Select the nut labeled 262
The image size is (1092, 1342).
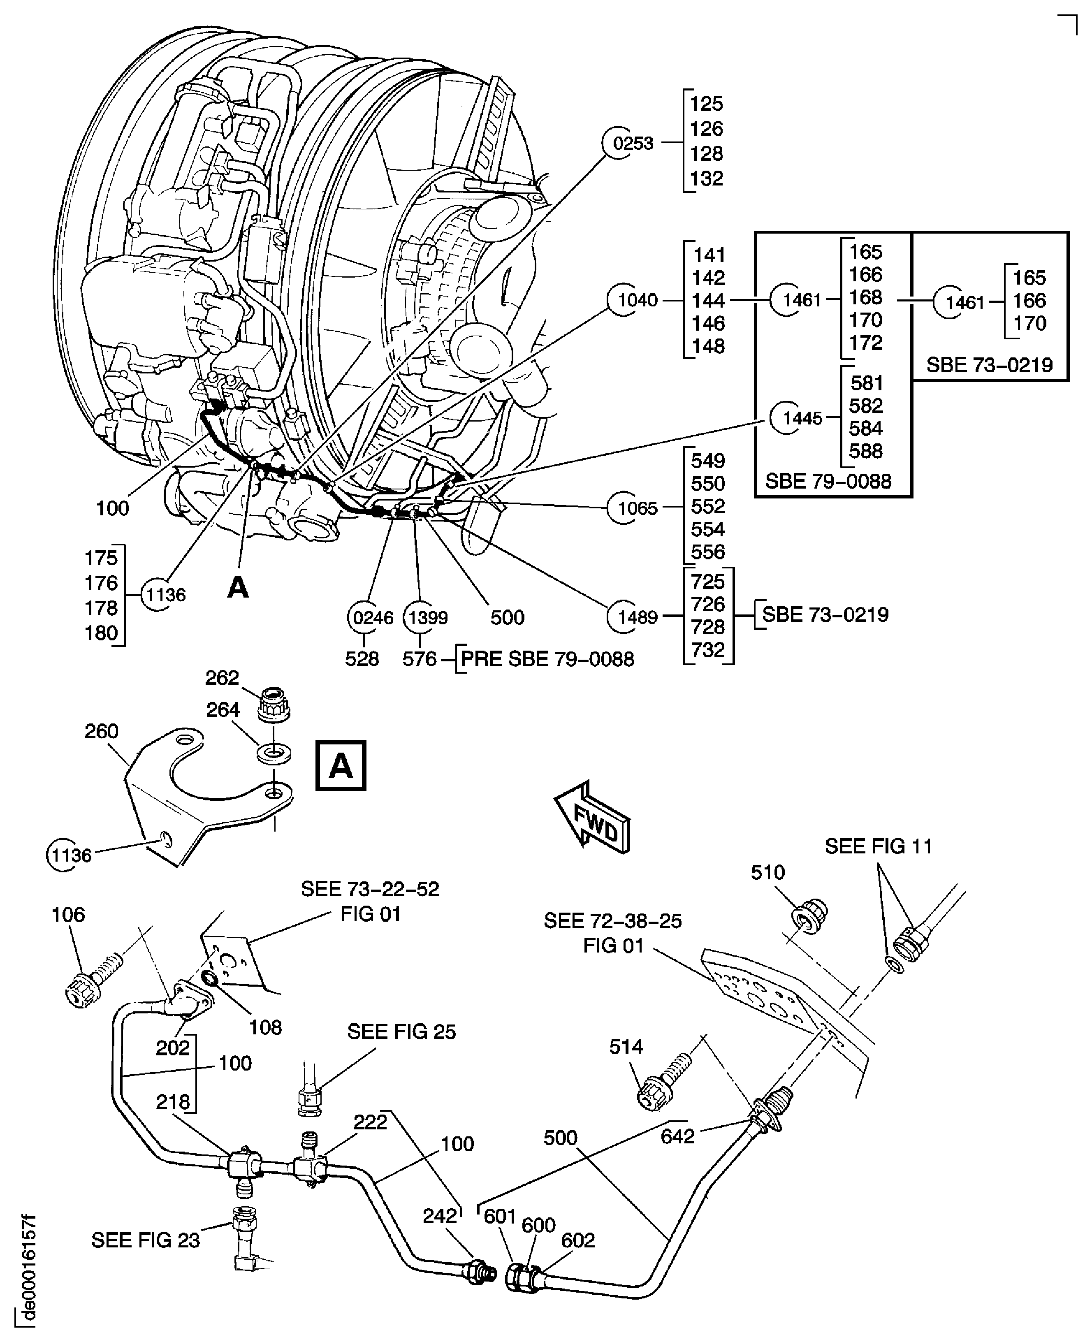click(x=273, y=705)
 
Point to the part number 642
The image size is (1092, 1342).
click(x=677, y=1136)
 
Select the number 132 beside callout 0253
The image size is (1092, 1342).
click(x=706, y=178)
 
